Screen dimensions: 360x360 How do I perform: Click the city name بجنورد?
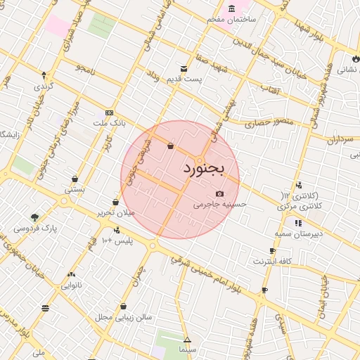point(203,169)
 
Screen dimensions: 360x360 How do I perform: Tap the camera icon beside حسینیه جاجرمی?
point(220,194)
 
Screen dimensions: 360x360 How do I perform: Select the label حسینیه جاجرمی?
point(220,205)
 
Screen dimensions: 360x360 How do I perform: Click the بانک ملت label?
point(109,122)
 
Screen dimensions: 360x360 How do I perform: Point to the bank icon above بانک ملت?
point(108,112)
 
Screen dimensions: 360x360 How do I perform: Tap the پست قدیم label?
point(184,79)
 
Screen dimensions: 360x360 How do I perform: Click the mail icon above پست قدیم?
point(184,69)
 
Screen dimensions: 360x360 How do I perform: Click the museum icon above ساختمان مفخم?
point(232,8)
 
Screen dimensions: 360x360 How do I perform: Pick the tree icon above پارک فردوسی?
point(35,217)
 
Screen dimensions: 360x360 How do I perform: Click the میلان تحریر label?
point(115,212)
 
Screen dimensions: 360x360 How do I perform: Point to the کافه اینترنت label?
point(273,261)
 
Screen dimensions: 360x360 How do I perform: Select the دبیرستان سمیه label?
point(298,233)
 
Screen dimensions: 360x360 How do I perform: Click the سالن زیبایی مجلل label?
point(124,317)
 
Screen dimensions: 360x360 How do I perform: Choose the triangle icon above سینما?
point(186,340)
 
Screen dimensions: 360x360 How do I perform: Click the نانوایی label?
point(72,285)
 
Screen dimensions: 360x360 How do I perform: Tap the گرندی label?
point(42,86)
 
